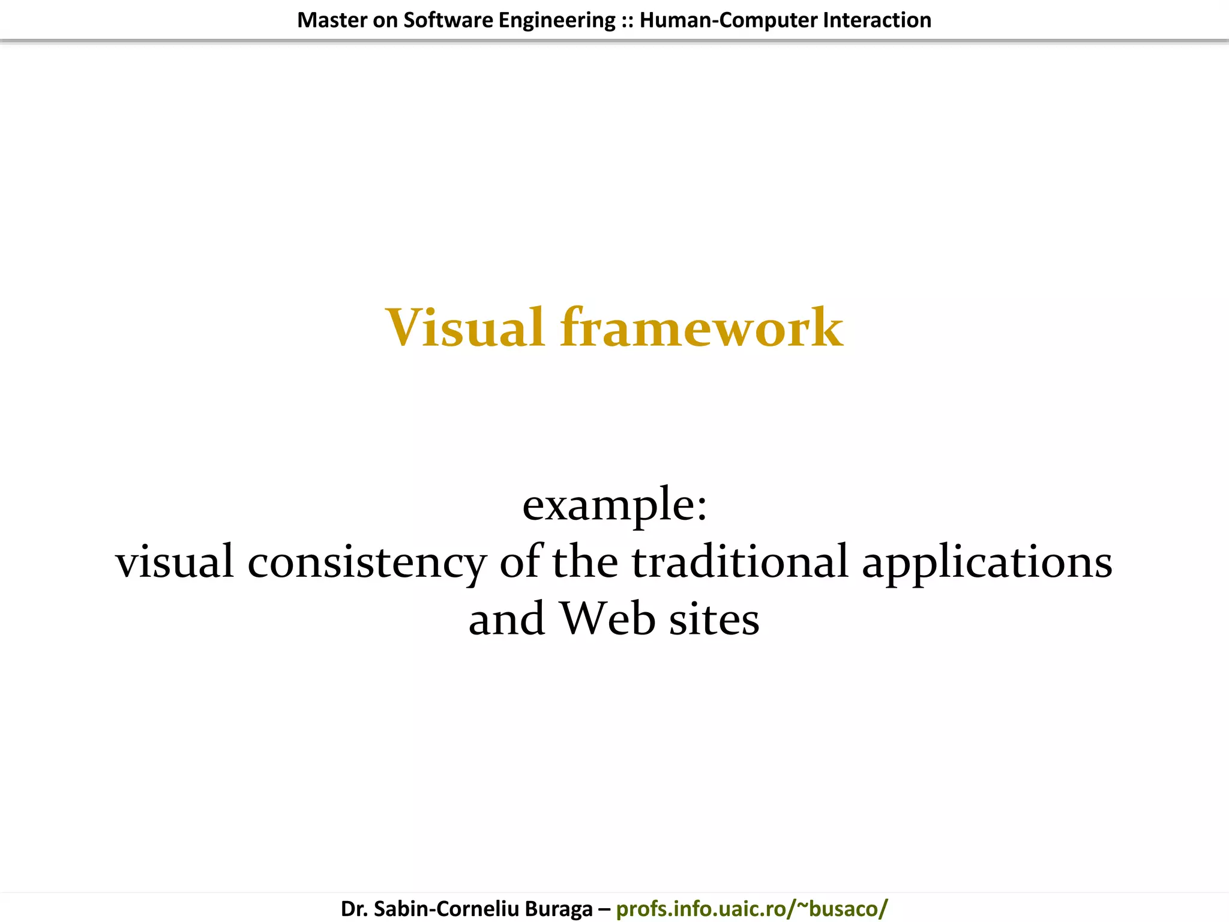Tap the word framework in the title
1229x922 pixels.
click(702, 328)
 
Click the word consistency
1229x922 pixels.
click(367, 562)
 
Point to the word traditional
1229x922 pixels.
click(740, 562)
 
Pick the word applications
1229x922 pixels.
click(987, 562)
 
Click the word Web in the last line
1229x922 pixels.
click(607, 619)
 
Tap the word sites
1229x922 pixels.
click(714, 619)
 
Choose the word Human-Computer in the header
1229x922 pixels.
click(728, 20)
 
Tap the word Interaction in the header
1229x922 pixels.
click(877, 20)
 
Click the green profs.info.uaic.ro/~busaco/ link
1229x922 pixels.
click(751, 908)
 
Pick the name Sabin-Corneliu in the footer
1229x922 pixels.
click(446, 908)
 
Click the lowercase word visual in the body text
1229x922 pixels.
click(175, 562)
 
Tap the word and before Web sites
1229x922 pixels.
click(506, 619)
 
